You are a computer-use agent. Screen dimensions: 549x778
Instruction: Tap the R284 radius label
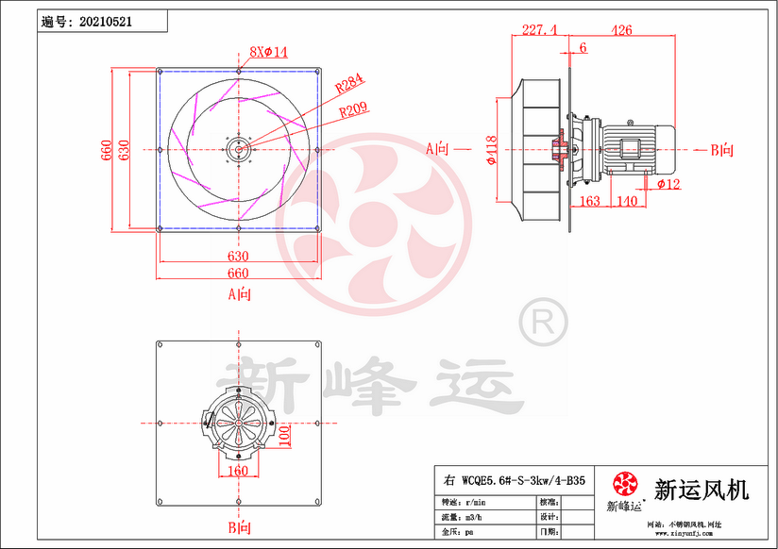point(350,85)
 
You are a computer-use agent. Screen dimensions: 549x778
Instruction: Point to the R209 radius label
point(353,110)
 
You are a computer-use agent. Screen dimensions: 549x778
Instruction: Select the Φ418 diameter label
point(491,149)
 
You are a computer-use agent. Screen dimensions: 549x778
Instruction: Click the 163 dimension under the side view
point(588,201)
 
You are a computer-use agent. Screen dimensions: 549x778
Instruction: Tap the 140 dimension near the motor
point(626,201)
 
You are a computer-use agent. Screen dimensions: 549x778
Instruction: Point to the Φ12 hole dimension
point(669,183)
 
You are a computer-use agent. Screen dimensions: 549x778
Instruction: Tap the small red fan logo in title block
point(625,485)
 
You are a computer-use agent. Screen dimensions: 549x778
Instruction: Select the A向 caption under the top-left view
point(240,294)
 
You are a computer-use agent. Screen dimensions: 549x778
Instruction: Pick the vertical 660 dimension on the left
point(106,148)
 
